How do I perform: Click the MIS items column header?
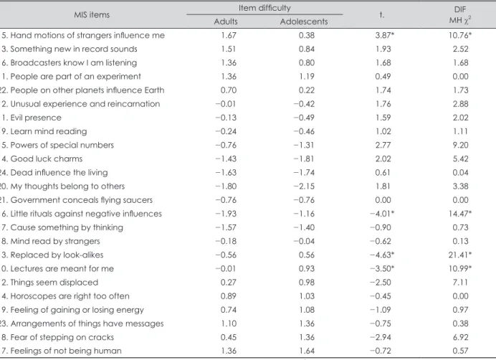click(x=92, y=14)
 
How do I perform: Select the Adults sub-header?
click(x=226, y=22)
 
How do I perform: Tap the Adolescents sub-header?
click(x=304, y=22)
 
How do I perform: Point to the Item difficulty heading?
click(x=264, y=8)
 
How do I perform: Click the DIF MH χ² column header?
click(x=460, y=15)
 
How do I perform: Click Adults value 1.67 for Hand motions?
click(x=229, y=35)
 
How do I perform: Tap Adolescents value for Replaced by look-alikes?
click(x=307, y=255)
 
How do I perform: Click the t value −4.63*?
click(x=382, y=255)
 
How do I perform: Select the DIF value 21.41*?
click(x=460, y=255)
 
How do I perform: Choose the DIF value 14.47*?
click(x=460, y=214)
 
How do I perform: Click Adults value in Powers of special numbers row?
click(x=226, y=145)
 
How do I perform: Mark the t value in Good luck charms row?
click(x=383, y=159)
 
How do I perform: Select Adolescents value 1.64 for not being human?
click(x=307, y=351)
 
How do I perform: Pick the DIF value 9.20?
click(x=460, y=145)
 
